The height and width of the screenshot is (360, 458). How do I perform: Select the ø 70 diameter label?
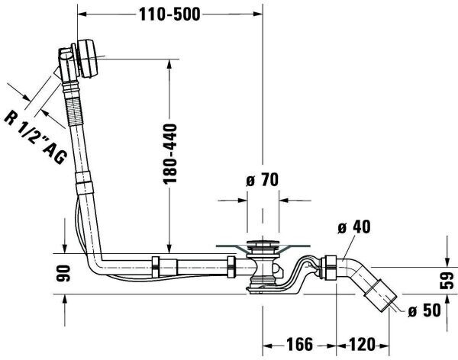tap(263, 182)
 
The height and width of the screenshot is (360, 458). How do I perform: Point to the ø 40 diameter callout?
tap(352, 227)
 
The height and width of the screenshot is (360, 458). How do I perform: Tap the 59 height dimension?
tap(449, 279)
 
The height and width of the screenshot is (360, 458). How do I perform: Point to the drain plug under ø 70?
tap(263, 248)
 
